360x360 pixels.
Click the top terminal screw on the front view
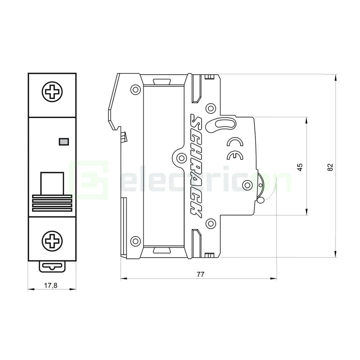52,91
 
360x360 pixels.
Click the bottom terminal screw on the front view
52,240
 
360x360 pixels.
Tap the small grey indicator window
64,142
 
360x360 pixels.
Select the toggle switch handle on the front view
52,183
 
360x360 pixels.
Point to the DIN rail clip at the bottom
52,267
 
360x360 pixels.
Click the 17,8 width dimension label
51,285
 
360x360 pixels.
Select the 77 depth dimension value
200,274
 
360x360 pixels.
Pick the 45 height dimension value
300,167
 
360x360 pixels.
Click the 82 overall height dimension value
330,167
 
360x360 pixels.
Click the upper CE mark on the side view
235,143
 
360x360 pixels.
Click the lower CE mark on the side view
235,156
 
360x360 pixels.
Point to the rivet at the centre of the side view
182,158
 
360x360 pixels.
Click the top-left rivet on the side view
135,89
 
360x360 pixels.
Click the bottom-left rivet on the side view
135,240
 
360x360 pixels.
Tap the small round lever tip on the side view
261,200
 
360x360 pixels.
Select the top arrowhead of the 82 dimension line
336,77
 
